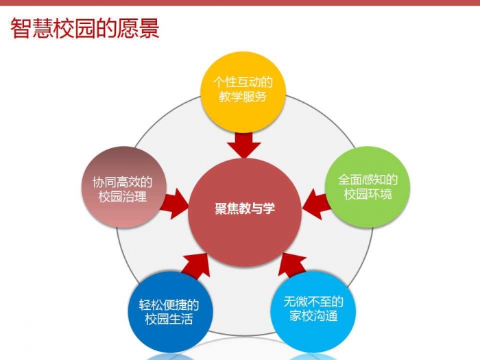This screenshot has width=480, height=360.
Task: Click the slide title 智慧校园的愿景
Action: [x=85, y=29]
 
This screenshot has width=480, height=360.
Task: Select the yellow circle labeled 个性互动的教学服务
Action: [x=243, y=92]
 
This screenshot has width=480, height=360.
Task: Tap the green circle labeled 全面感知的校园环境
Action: [x=367, y=187]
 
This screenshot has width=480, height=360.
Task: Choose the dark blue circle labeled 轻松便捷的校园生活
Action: [x=169, y=311]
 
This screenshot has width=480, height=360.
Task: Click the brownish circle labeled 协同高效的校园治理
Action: [x=123, y=187]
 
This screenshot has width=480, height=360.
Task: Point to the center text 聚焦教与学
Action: [x=245, y=208]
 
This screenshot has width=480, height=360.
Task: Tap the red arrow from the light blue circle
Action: [x=292, y=265]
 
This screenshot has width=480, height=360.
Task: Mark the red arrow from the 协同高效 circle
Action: [x=174, y=204]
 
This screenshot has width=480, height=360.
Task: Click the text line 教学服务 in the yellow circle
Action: [x=243, y=97]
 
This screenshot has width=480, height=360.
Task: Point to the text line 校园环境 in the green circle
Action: [x=368, y=194]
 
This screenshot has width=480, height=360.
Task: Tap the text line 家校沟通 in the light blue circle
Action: [x=313, y=316]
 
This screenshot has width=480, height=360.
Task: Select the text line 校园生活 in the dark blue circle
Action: [x=169, y=319]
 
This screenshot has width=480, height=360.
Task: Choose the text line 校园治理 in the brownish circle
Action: [x=123, y=197]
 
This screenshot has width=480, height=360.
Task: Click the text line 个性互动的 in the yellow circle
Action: [x=243, y=82]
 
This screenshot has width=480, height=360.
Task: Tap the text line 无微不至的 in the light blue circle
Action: [x=313, y=302]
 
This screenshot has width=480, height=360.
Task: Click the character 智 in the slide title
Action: [x=21, y=29]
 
